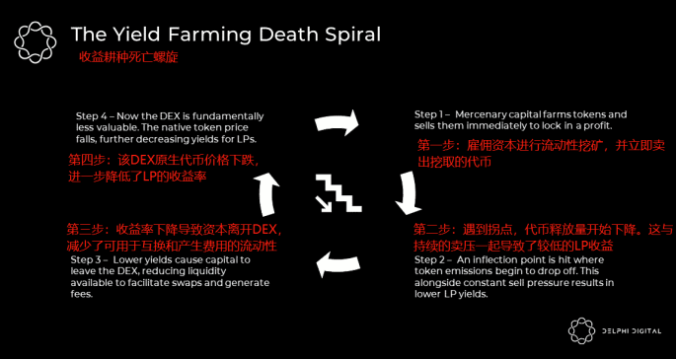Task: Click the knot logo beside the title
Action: coord(36,42)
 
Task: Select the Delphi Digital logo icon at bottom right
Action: coord(581,331)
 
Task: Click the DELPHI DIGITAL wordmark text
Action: coord(632,331)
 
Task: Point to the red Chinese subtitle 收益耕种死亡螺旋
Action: coord(128,57)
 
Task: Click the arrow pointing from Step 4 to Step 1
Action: coord(338,122)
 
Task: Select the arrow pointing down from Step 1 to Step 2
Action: coord(409,193)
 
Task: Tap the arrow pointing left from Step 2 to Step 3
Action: coord(338,264)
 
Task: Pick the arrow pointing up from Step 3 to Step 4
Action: coord(267,193)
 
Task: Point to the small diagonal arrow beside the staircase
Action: coord(324,204)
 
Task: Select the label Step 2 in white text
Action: coord(430,260)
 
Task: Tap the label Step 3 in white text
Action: coord(87,260)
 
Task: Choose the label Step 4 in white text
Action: coord(92,116)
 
